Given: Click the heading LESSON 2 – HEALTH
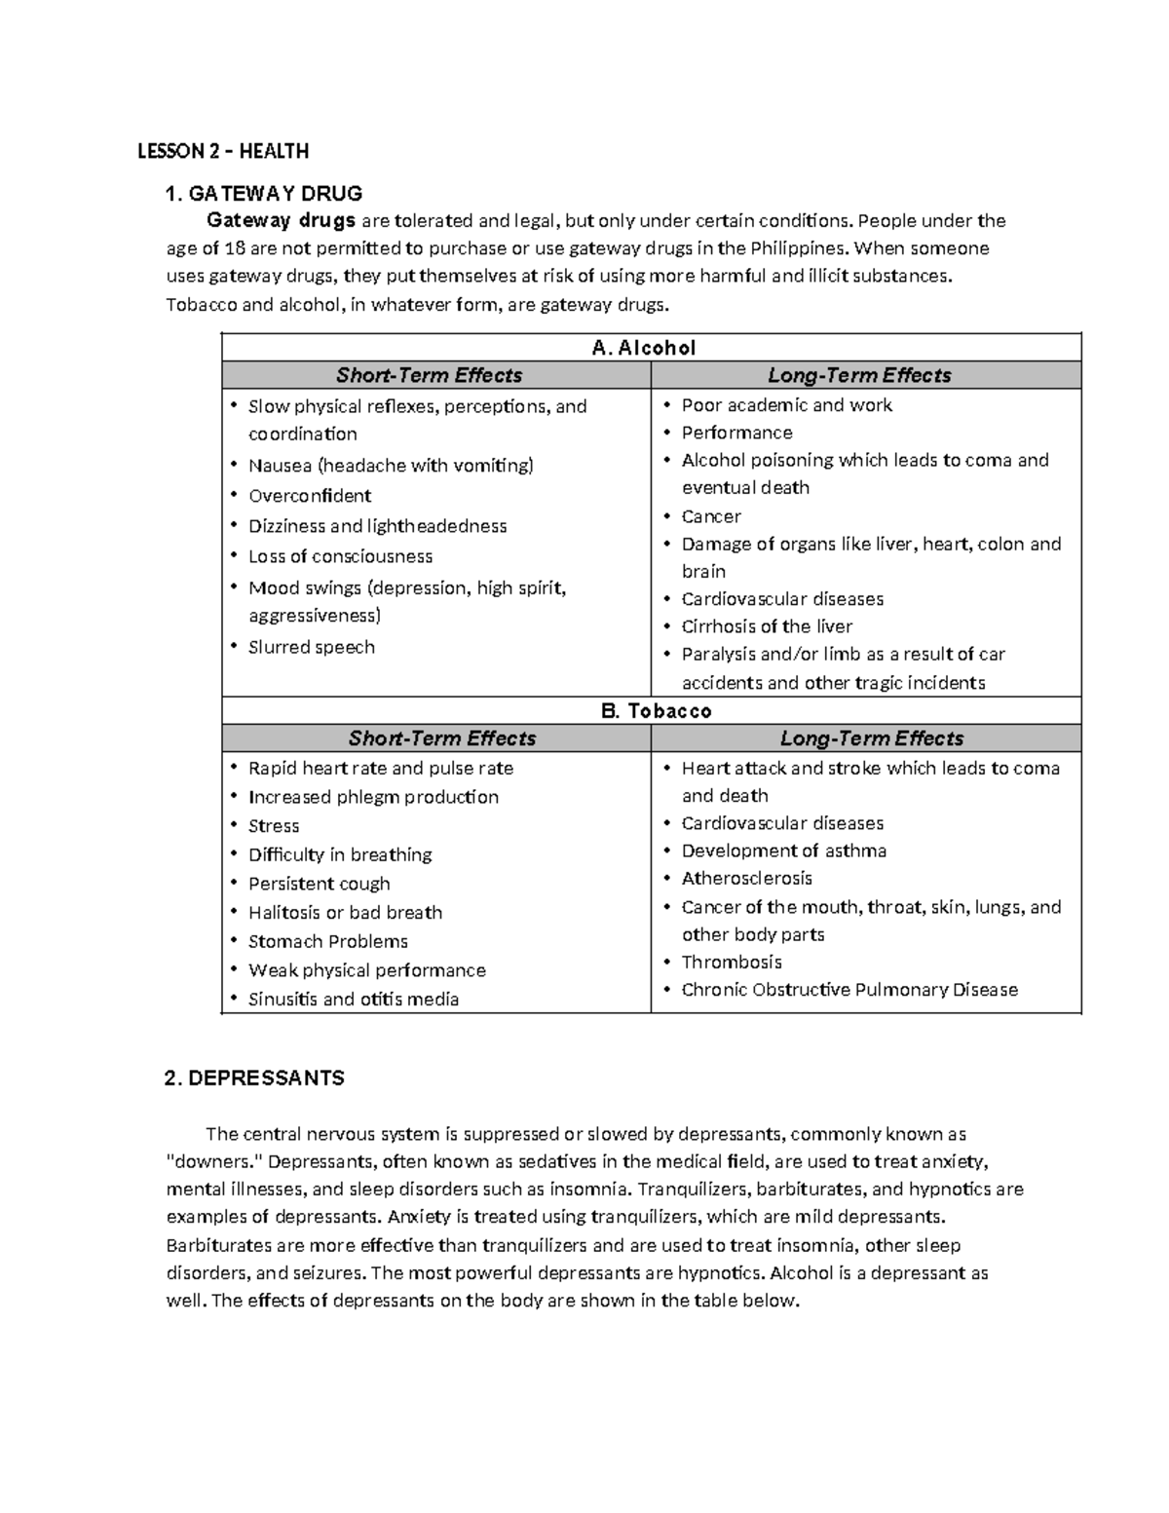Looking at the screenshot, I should [x=222, y=151].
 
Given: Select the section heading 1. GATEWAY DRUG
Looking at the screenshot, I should [x=264, y=193].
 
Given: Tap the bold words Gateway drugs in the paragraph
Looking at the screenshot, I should [x=281, y=220].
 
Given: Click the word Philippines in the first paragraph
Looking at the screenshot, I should [x=789, y=248].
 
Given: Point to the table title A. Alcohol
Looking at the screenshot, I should [x=644, y=348].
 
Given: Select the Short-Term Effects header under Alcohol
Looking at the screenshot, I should [x=429, y=375].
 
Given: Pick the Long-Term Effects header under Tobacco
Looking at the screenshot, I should [x=871, y=738].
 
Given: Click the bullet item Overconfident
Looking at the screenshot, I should [x=309, y=496].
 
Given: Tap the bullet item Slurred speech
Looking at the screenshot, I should [x=311, y=647].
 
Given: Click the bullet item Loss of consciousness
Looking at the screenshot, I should [x=340, y=556].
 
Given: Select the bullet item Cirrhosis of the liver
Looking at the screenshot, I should [x=767, y=626].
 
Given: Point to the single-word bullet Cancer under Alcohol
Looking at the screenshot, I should [x=711, y=516].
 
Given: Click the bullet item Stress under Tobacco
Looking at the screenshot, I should [x=273, y=826].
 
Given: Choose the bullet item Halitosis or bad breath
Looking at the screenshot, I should [x=345, y=913].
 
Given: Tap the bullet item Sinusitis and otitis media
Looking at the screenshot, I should [x=353, y=1000].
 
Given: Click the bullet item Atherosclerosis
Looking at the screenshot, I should [x=746, y=879].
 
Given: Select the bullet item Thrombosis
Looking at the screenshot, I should [x=732, y=963].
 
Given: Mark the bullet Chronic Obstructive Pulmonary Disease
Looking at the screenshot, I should [x=849, y=990].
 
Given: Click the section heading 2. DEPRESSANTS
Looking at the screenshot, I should [x=255, y=1078].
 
